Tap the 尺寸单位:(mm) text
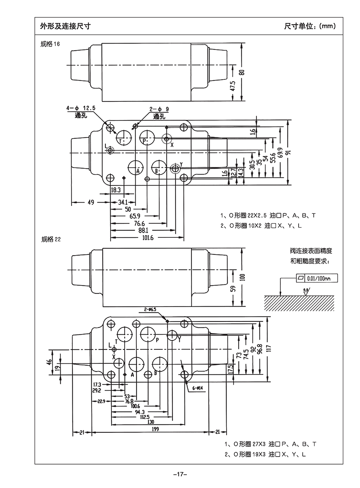pos(310,26)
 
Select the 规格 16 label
pos(50,44)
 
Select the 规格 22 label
pos(51,239)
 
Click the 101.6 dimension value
pos(148,238)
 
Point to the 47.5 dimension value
pos(233,86)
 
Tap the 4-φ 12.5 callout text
pos(81,108)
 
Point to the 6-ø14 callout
pos(197,388)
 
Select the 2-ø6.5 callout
pos(150,309)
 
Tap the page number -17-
pos(180,474)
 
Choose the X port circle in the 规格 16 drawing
pos(166,139)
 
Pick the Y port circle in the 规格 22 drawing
pos(172,335)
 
